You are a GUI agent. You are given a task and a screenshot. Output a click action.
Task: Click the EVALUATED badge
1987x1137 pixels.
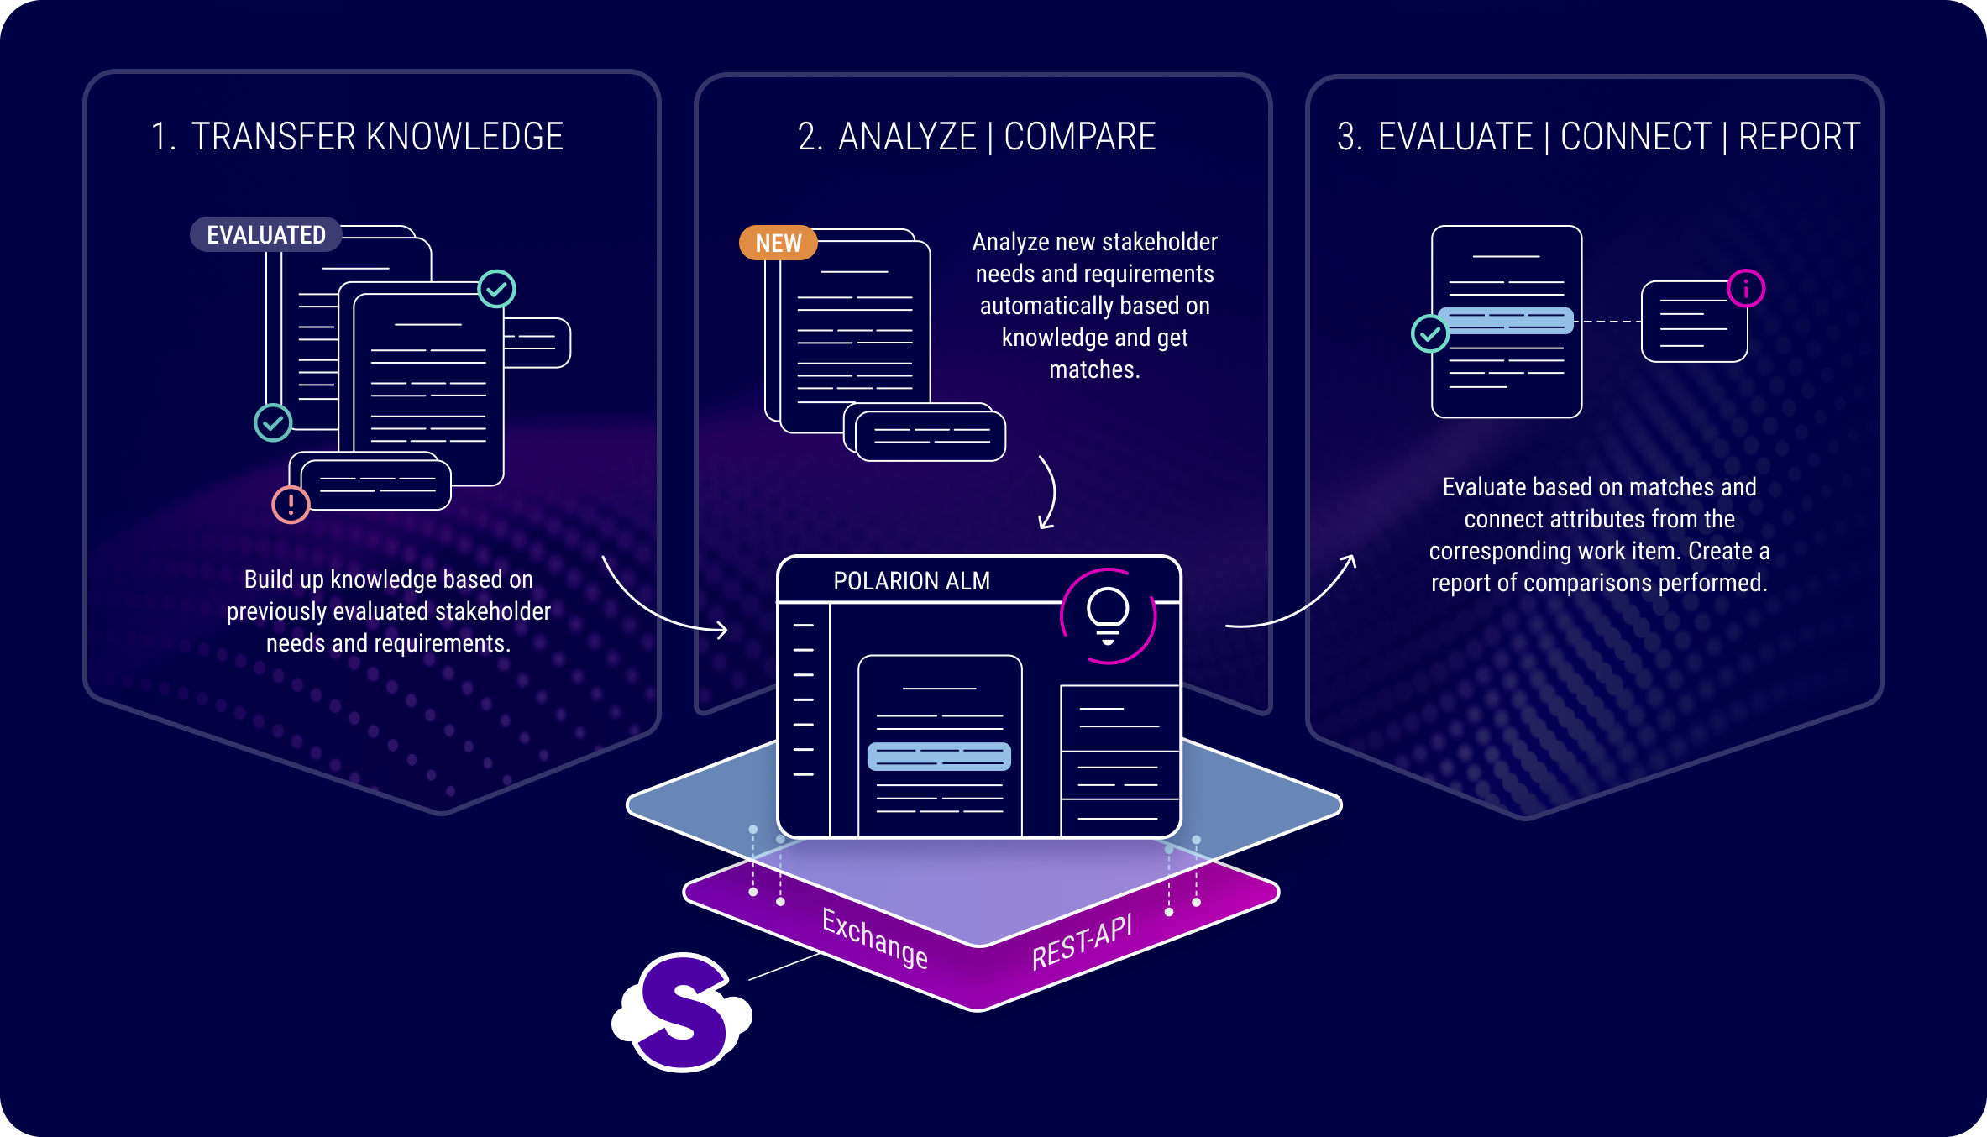(x=265, y=235)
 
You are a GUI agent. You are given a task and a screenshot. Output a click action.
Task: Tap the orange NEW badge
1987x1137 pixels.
(x=778, y=244)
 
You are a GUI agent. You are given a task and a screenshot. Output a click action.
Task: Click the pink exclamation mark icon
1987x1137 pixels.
(x=291, y=505)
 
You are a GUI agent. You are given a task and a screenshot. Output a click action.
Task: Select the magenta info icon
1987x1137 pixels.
(x=1746, y=289)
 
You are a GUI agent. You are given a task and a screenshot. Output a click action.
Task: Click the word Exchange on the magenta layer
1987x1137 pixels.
(x=874, y=939)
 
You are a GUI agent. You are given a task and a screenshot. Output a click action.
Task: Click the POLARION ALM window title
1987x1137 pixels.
(x=911, y=581)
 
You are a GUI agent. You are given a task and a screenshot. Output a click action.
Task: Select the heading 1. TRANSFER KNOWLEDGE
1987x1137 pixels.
(x=357, y=137)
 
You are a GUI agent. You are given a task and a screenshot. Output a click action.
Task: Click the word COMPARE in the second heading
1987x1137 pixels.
(x=1080, y=137)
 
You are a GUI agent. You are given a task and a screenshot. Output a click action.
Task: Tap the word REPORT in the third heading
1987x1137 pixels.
(x=1799, y=137)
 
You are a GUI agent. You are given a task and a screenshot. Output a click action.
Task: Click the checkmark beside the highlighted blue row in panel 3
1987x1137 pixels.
(x=1429, y=334)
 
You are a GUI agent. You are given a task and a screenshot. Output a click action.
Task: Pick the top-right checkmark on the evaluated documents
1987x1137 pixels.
(x=496, y=290)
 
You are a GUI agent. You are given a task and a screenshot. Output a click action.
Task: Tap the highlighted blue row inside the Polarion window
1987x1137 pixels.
(x=939, y=757)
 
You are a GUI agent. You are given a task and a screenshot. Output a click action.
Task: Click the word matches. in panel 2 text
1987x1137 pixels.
(x=1094, y=369)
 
